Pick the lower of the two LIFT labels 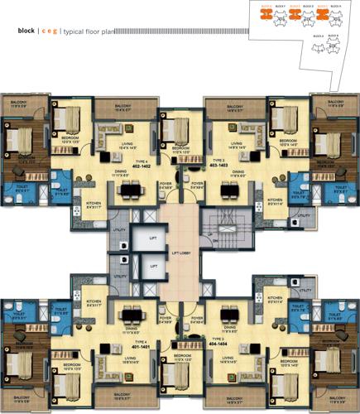click(151, 267)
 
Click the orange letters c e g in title click(50, 31)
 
